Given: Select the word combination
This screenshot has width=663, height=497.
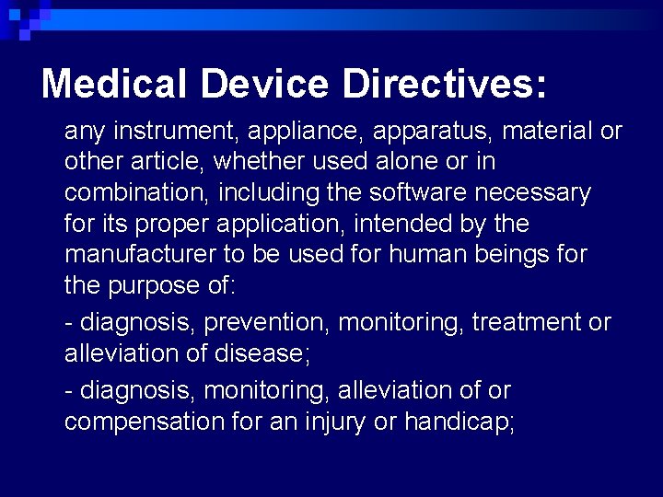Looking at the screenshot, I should tap(124, 192).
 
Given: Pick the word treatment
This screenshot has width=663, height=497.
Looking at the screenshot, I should tap(528, 322).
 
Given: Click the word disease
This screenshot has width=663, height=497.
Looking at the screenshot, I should tap(265, 353).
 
